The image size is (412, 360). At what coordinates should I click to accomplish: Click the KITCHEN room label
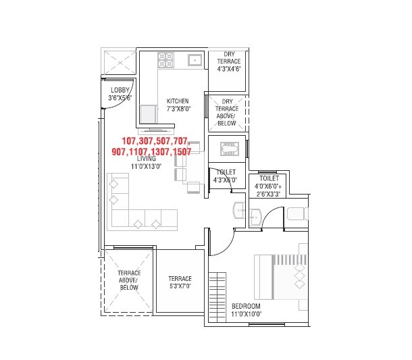click(182, 101)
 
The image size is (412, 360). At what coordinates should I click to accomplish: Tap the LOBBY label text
click(120, 90)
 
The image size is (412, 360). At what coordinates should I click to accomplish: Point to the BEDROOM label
click(246, 306)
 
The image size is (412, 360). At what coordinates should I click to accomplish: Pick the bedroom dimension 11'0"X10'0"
click(246, 314)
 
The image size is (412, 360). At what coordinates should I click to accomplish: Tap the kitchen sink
click(195, 60)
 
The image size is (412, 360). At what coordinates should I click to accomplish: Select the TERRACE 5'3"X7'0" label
click(180, 282)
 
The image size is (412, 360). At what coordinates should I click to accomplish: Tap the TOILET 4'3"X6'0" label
click(225, 176)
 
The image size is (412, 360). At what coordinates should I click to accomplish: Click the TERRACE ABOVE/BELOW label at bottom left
click(128, 280)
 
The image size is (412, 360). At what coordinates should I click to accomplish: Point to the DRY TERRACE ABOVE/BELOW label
click(227, 112)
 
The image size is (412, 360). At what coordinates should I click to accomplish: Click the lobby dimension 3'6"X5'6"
click(120, 97)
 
